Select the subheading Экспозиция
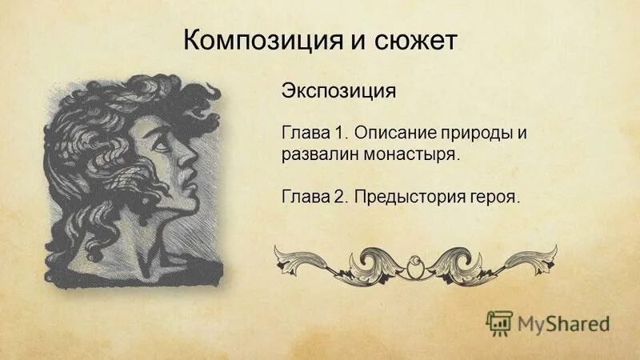(338, 90)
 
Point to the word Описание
(394, 130)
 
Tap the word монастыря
(410, 154)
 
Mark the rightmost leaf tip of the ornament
(555, 249)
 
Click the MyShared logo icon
(499, 322)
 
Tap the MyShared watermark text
(563, 323)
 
